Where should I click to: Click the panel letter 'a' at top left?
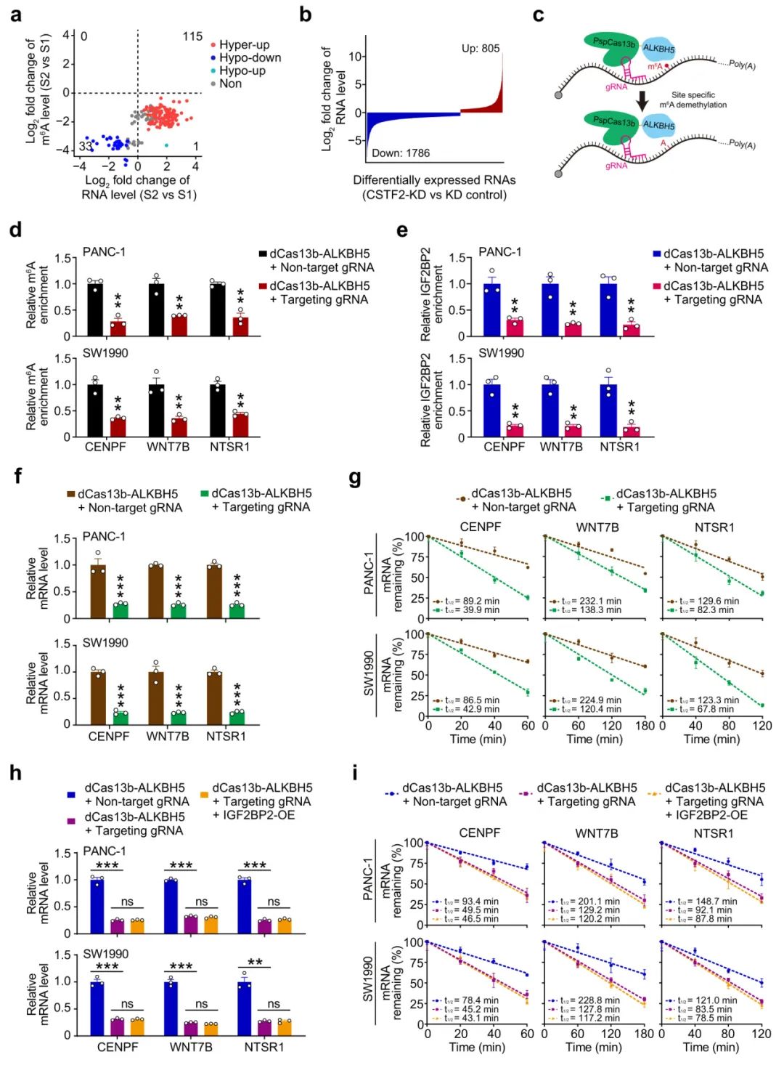[15, 15]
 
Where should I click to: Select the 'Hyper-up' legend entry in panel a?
[244, 45]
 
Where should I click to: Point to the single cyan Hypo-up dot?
[167, 146]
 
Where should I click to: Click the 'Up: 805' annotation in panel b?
[481, 49]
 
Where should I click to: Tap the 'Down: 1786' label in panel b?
[401, 153]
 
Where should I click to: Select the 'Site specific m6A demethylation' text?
[693, 100]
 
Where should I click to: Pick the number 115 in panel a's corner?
[192, 36]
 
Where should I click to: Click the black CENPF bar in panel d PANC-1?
[95, 308]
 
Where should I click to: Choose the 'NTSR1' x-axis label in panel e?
[619, 447]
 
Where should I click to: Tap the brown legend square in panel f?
[71, 494]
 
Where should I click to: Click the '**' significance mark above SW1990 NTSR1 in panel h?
[255, 963]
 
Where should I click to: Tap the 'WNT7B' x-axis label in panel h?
[191, 1047]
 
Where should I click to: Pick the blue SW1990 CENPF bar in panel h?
[97, 1008]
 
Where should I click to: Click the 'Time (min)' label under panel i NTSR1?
[711, 1047]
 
